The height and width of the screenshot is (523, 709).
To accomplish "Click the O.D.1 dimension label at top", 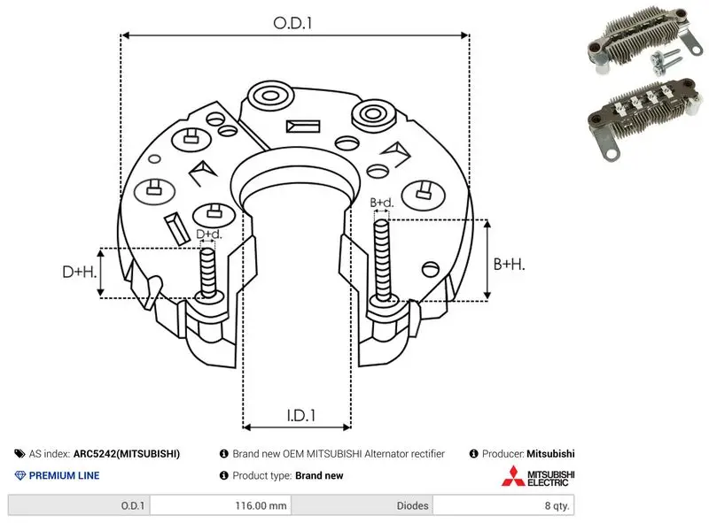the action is pos(292,23).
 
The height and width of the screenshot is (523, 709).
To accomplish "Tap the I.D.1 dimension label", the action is pos(301,416).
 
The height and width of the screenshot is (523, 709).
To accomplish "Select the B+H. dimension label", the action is pos(509,265).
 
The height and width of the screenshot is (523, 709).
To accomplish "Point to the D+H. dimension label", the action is pos(80,272).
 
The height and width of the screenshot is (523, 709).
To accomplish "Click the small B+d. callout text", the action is pos(382,203).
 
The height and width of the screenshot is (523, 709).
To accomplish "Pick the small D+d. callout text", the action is pos(209,234).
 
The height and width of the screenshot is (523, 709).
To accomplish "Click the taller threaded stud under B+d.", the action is pos(382,260).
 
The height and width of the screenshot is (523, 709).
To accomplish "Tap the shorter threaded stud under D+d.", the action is pos(208,273).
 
